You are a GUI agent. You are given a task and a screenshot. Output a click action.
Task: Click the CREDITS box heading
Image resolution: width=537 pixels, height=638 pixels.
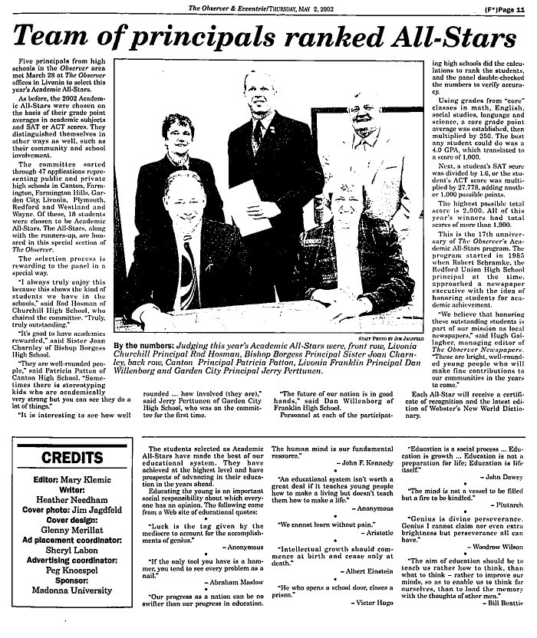(x=67, y=458)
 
